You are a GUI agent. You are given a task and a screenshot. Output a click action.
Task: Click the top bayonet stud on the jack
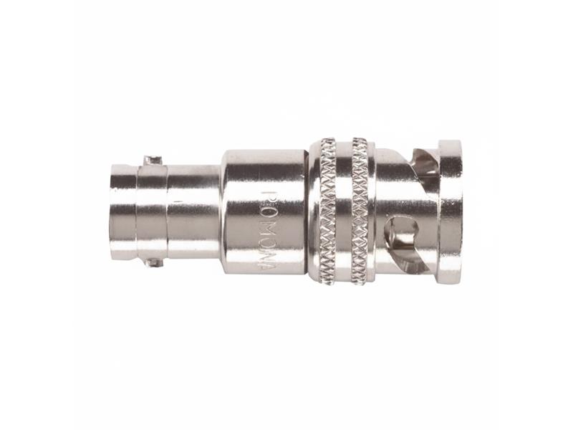point(153,160)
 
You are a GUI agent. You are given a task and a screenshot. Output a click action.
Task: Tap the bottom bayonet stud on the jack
point(153,262)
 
